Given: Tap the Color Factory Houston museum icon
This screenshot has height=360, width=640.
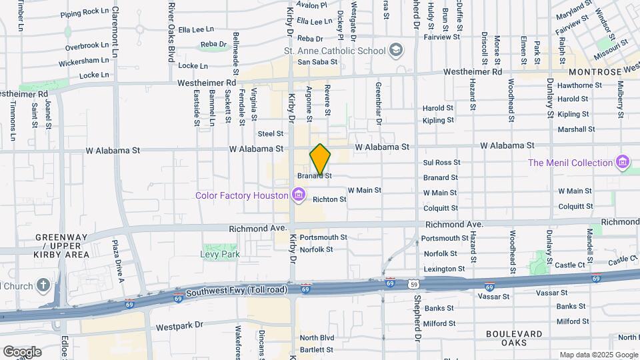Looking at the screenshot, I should [299, 195].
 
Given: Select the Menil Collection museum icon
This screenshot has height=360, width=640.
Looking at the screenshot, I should [623, 163].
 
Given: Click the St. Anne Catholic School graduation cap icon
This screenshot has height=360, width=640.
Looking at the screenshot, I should [397, 51].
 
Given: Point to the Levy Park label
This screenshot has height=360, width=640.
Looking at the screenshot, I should [220, 254].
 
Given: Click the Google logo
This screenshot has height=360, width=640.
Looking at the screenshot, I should [21, 351].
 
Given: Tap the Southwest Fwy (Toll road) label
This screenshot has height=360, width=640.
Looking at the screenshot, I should [237, 291].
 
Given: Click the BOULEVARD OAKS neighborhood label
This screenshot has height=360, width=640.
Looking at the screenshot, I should [514, 338].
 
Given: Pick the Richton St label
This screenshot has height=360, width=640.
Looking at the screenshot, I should [329, 199].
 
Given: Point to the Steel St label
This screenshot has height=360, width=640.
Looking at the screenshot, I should [271, 134].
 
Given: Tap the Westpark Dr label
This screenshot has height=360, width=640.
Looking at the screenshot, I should [179, 327].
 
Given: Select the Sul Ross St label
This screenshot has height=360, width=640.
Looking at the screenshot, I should [439, 163].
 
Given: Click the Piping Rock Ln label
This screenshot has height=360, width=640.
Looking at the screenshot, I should [85, 12].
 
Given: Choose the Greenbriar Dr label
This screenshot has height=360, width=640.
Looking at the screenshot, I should [378, 103].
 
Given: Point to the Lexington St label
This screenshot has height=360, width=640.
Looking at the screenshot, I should [443, 269].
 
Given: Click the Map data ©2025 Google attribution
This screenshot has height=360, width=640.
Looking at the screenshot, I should [598, 355].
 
